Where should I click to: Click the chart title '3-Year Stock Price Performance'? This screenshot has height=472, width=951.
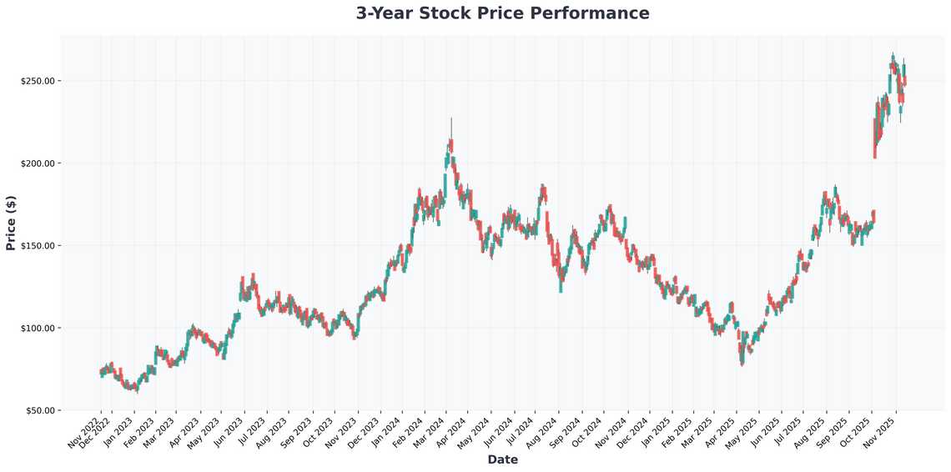tap(502, 13)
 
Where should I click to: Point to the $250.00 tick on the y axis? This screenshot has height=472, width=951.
tap(38, 81)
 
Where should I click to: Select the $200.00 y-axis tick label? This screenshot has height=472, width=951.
tap(38, 163)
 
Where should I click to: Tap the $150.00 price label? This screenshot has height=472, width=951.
tap(38, 246)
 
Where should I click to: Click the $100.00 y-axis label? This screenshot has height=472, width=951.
tap(38, 328)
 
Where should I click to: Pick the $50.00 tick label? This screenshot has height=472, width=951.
tap(40, 410)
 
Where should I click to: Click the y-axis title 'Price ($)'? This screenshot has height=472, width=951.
tap(11, 223)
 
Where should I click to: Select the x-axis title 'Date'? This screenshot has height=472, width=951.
tap(502, 459)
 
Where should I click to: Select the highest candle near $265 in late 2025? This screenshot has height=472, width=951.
tap(893, 58)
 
